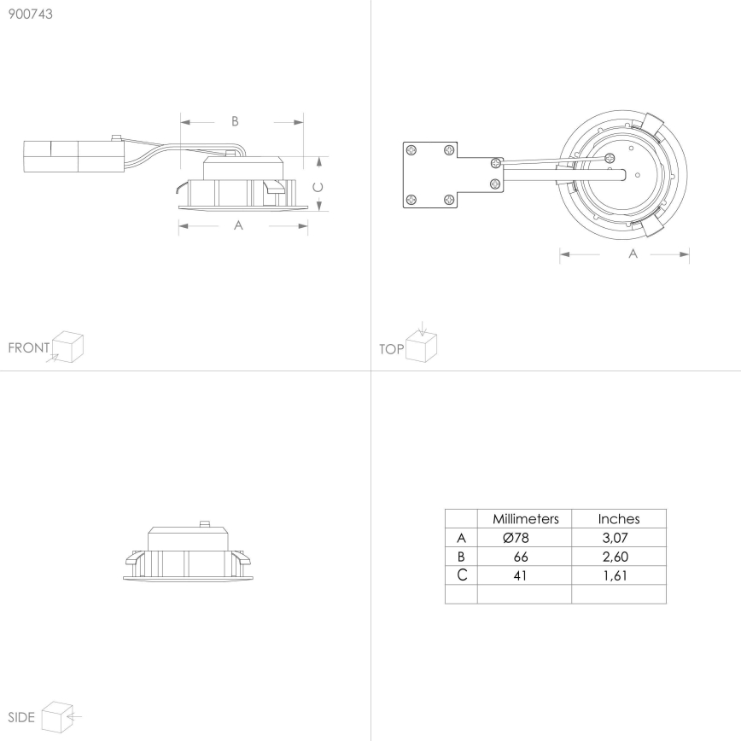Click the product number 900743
coord(30,15)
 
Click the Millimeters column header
coord(526,519)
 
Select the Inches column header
coord(619,519)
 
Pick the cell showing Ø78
coord(516,538)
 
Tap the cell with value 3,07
coord(615,538)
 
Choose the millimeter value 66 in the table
coord(520,557)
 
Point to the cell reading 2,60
coord(616,557)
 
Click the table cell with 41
coord(520,575)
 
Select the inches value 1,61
coord(615,575)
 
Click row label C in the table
coord(462,575)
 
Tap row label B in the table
coord(461,557)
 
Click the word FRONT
coord(29,347)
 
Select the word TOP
coord(391,349)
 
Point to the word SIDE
coord(21,717)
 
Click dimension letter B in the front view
coord(235,121)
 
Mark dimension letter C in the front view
coord(318,188)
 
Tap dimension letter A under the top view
coord(633,254)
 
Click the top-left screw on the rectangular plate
coord(412,151)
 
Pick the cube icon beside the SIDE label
coord(57,717)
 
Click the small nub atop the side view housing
coord(205,524)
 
